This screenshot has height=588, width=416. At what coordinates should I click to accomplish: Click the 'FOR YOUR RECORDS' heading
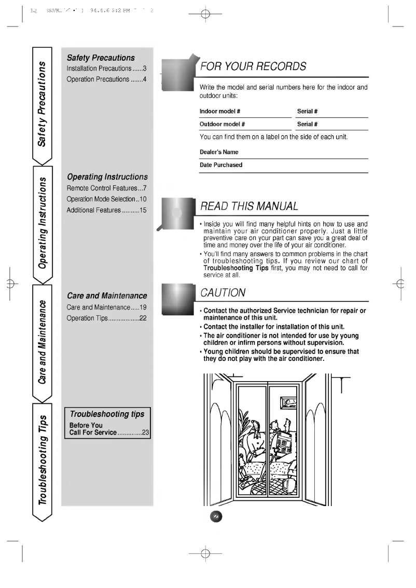click(253, 67)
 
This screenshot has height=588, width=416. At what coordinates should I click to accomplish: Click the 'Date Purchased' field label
click(221, 165)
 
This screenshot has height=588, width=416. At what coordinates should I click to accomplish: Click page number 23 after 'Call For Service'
click(145, 432)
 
